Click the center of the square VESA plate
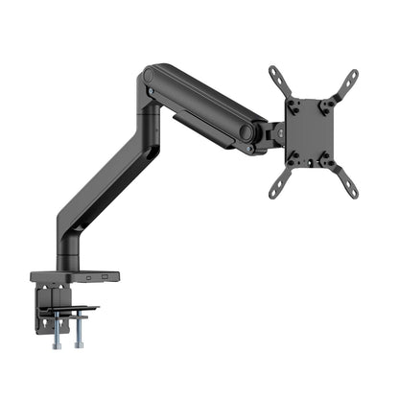(x=312, y=131)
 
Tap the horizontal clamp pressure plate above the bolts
(x=72, y=309)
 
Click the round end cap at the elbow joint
(x=150, y=74)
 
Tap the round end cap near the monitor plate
(x=246, y=132)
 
